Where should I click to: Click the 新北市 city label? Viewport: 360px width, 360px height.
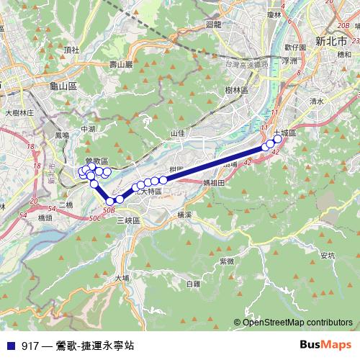[x=333, y=40]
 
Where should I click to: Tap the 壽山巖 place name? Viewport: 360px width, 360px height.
[x=121, y=65]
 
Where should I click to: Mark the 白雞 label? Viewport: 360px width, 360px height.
[x=192, y=284]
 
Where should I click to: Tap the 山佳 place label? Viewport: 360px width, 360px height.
[x=177, y=133]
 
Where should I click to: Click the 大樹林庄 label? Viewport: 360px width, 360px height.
[x=19, y=113]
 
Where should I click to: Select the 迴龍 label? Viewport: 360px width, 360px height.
[x=213, y=24]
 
